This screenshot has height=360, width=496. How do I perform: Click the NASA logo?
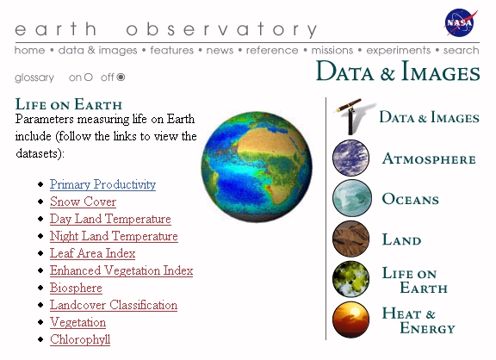[461, 22]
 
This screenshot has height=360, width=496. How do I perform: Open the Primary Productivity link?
[102, 184]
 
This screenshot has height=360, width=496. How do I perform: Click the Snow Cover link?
[83, 202]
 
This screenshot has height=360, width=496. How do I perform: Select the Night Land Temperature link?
[114, 236]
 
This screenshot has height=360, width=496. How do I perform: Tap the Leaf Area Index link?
[93, 253]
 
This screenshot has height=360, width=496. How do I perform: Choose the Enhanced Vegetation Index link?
[121, 270]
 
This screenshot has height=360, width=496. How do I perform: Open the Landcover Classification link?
[114, 305]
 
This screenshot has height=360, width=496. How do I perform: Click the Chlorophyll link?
[80, 339]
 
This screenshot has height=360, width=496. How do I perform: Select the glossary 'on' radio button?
[88, 78]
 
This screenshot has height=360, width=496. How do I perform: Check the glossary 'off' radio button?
[121, 78]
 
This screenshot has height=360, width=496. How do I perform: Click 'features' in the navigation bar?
[171, 50]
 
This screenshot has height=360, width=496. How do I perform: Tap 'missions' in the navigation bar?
[332, 50]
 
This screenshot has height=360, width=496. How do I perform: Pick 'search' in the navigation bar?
[461, 50]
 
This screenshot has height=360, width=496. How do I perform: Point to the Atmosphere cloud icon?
[350, 158]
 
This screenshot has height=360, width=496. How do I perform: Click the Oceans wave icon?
[350, 198]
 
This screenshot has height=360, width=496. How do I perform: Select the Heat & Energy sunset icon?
[350, 320]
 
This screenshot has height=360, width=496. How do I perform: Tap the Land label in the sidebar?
[402, 239]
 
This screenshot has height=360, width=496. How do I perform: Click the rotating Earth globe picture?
[257, 167]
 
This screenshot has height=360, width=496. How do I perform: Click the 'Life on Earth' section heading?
[69, 104]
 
